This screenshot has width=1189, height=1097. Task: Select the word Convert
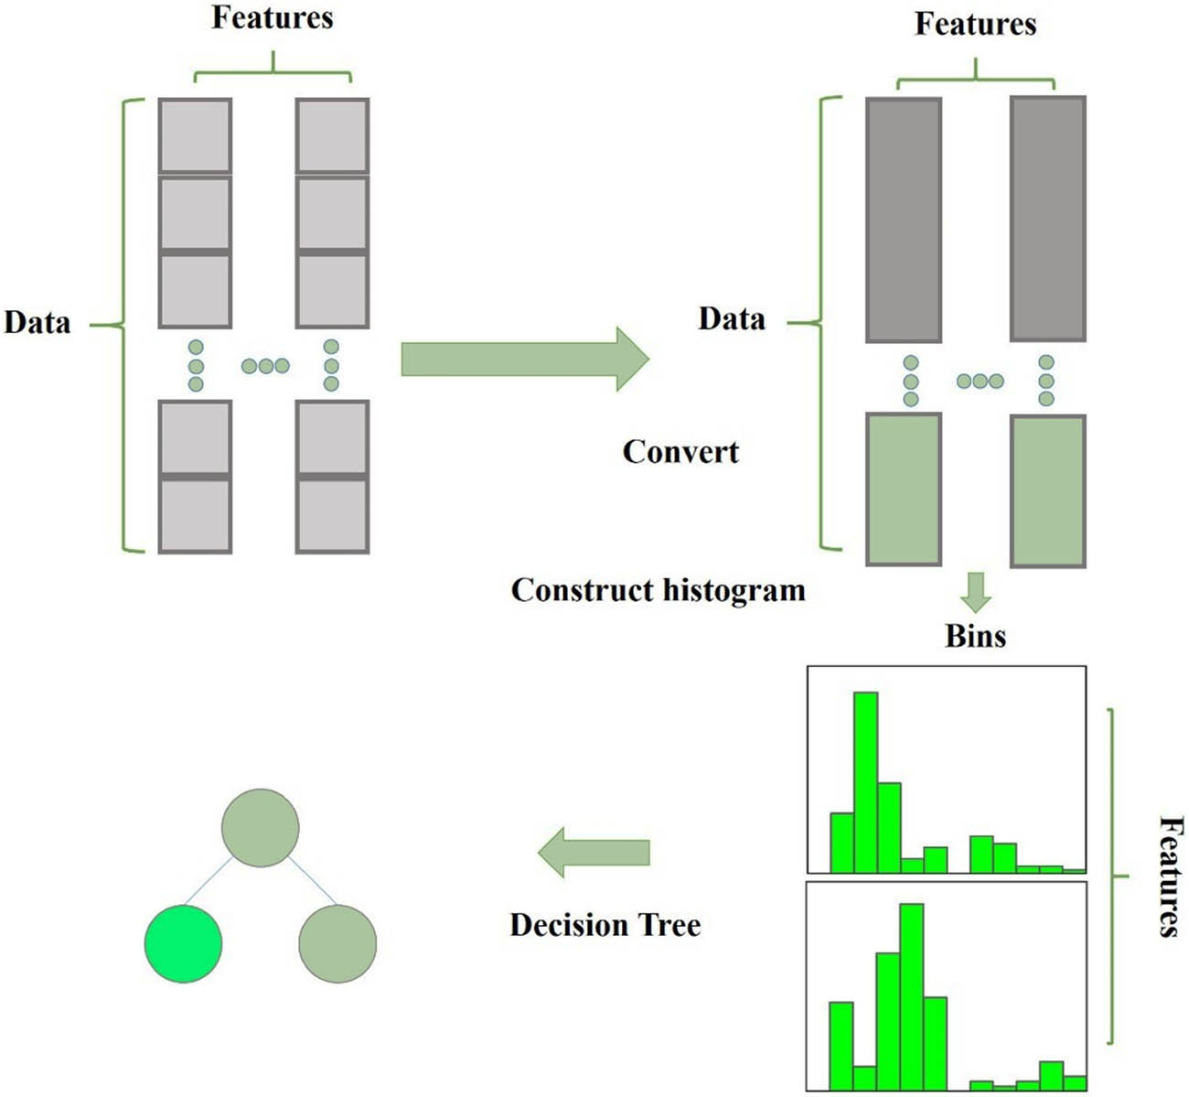(x=680, y=452)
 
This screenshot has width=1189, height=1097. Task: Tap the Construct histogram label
(x=658, y=590)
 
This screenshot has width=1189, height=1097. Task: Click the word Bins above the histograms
(x=975, y=636)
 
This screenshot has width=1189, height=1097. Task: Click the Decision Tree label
(x=605, y=925)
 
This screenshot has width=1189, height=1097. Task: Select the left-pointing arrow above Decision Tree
(x=594, y=853)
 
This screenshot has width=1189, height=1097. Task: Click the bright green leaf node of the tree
(x=183, y=943)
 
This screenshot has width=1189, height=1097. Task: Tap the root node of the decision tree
(x=261, y=827)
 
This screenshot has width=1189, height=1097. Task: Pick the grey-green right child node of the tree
(x=337, y=943)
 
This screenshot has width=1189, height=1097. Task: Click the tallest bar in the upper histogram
(x=865, y=782)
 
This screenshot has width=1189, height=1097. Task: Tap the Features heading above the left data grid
(x=273, y=18)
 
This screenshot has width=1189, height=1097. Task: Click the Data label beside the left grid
(x=37, y=323)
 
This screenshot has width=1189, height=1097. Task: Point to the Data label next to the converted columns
(x=732, y=319)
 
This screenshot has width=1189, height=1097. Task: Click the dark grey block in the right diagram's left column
(x=904, y=220)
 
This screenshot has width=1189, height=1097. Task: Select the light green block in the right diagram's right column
(x=1048, y=490)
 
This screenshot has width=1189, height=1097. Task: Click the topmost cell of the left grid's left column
(x=195, y=134)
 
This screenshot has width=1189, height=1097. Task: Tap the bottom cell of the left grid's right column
(x=332, y=516)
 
